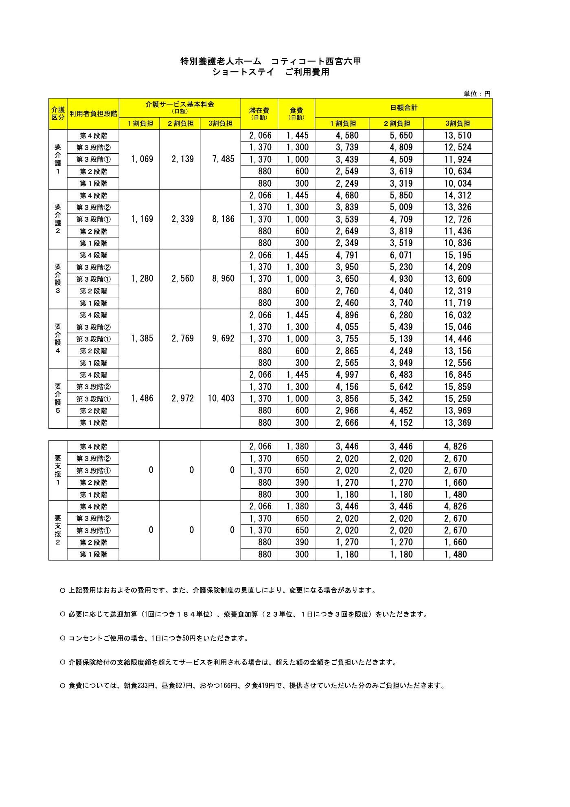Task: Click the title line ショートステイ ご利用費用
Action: click(270, 73)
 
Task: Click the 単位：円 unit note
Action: click(477, 94)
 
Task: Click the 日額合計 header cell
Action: click(403, 108)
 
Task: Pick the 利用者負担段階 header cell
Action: click(93, 114)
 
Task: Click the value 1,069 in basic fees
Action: click(142, 159)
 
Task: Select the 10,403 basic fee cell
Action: click(221, 399)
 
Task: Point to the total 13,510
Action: click(458, 135)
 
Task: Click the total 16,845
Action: click(458, 375)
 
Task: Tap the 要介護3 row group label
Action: click(58, 279)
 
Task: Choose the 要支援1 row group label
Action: click(58, 470)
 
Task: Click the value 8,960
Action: click(223, 279)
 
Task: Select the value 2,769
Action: click(182, 339)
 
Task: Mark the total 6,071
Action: click(401, 255)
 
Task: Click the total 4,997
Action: click(347, 375)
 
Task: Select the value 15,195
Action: click(458, 255)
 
